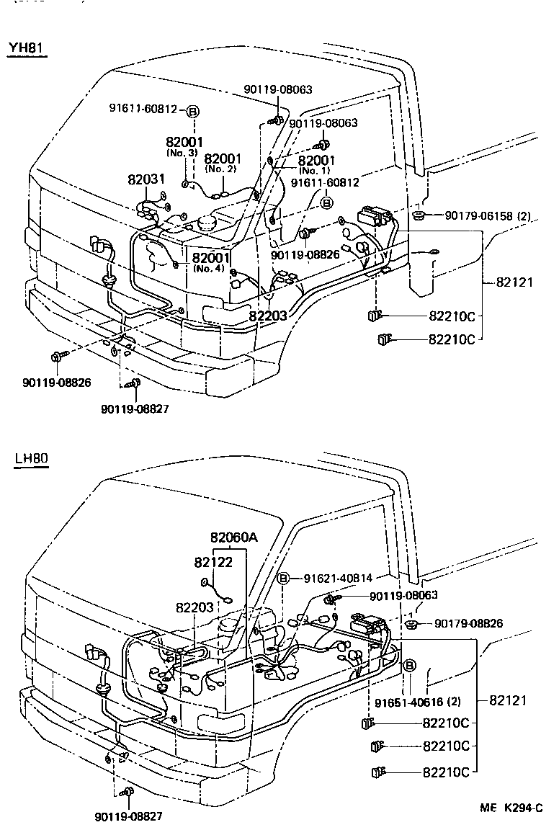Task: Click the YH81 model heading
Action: pos(27,49)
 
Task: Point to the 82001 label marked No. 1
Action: pos(316,160)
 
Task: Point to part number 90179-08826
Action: pos(469,623)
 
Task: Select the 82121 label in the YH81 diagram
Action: pos(514,282)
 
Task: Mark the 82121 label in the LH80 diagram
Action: pos(509,700)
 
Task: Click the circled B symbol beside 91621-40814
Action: pos(284,578)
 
